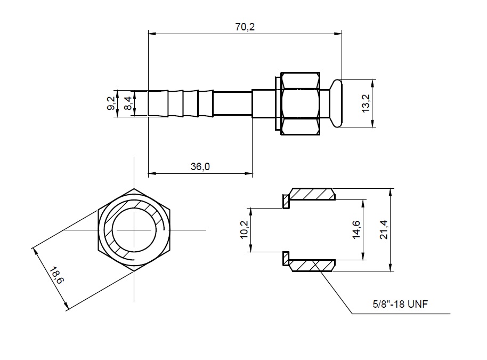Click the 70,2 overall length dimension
pyautogui.click(x=245, y=27)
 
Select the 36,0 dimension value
pyautogui.click(x=200, y=166)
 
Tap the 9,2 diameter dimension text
pyautogui.click(x=111, y=103)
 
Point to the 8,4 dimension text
pyautogui.click(x=128, y=103)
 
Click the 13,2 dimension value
pyautogui.click(x=366, y=103)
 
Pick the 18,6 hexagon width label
pyautogui.click(x=56, y=275)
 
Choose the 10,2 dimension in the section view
pyautogui.click(x=244, y=230)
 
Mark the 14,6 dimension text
pyautogui.click(x=356, y=230)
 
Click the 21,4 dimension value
pyautogui.click(x=384, y=230)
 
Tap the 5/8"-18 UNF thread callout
pyautogui.click(x=400, y=303)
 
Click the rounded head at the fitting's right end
pyautogui.click(x=336, y=103)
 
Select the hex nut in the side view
pyautogui.click(x=300, y=103)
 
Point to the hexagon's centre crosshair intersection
pyautogui.click(x=134, y=230)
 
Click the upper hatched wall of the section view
pyautogui.click(x=312, y=194)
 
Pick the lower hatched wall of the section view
pyautogui.click(x=312, y=266)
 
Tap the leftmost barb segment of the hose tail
pyautogui.click(x=158, y=103)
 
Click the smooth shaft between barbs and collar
pyautogui.click(x=232, y=103)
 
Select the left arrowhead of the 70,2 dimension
pyautogui.click(x=151, y=34)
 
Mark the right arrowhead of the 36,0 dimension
pyautogui.click(x=249, y=173)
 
